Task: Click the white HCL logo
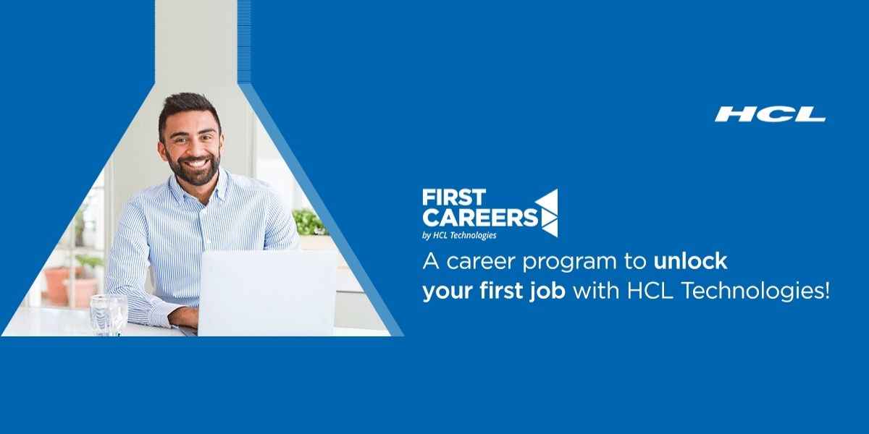(771, 114)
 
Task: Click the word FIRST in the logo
(454, 197)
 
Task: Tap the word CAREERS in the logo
(480, 216)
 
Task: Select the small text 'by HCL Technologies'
(459, 234)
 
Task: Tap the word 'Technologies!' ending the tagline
(768, 292)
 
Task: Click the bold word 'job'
(553, 292)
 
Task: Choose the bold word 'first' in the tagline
(506, 291)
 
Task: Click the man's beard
(193, 171)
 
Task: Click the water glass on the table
(109, 315)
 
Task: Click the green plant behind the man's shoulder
(310, 221)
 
